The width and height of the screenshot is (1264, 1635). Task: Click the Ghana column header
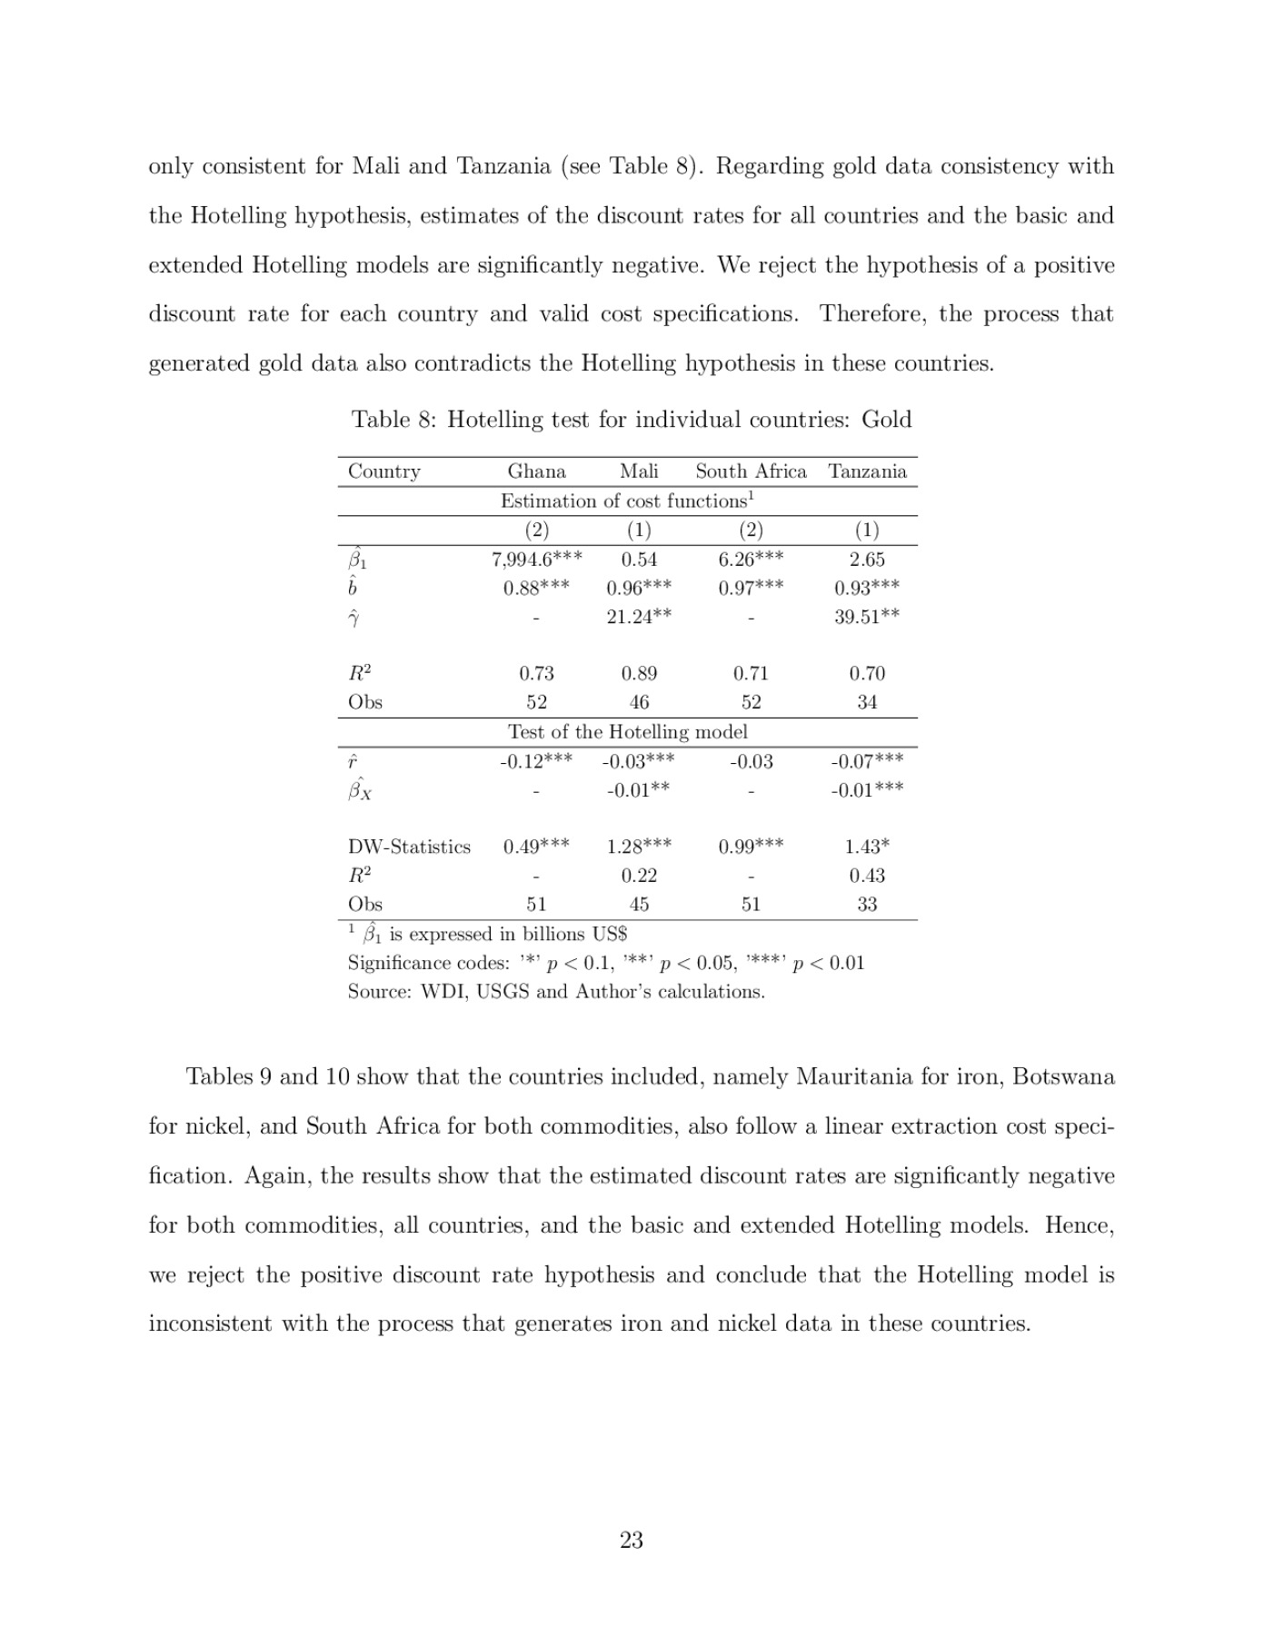click(x=536, y=471)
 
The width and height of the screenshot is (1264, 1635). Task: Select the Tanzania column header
click(x=867, y=471)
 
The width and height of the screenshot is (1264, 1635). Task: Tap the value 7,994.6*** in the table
click(x=536, y=560)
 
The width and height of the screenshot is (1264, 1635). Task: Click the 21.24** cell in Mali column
click(x=639, y=616)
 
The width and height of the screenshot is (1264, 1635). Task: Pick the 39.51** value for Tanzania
click(x=867, y=616)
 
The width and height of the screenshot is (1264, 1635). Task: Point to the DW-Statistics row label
click(x=409, y=847)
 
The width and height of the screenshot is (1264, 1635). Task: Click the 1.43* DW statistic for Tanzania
click(x=867, y=847)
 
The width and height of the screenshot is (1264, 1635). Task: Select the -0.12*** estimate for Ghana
click(x=536, y=761)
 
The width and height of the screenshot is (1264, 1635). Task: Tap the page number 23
click(x=632, y=1540)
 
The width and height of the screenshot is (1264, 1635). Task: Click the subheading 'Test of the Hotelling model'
click(x=627, y=732)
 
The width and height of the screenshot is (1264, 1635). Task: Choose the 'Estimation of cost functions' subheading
click(x=627, y=500)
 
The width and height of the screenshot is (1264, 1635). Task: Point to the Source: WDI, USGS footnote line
click(x=556, y=991)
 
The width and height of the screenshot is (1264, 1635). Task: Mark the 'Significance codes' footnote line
click(x=606, y=963)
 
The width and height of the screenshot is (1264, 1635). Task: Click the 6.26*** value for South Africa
click(x=751, y=560)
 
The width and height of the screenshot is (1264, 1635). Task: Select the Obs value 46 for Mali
click(x=639, y=702)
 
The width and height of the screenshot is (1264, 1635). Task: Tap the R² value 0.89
click(x=639, y=673)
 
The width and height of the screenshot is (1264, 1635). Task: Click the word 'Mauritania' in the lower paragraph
click(x=854, y=1076)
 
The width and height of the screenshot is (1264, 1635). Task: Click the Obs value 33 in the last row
click(x=867, y=904)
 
